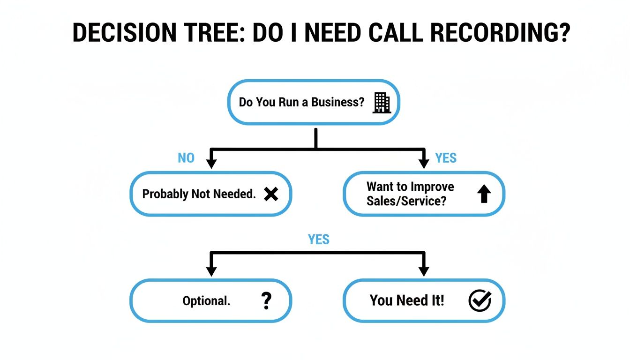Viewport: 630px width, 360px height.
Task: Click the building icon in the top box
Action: pyautogui.click(x=381, y=103)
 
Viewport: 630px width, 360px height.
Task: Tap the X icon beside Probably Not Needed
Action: pyautogui.click(x=271, y=194)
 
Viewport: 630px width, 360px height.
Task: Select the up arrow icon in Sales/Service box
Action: pyautogui.click(x=484, y=194)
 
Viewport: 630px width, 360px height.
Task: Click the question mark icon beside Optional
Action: pyautogui.click(x=266, y=300)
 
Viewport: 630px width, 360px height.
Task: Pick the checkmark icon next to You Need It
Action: pyautogui.click(x=480, y=300)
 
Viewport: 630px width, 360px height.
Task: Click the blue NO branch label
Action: pyautogui.click(x=186, y=158)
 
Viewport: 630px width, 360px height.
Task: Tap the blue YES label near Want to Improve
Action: pyautogui.click(x=445, y=158)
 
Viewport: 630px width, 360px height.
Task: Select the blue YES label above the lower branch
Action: pyautogui.click(x=319, y=240)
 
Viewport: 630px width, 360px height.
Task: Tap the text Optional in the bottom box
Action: pyautogui.click(x=206, y=301)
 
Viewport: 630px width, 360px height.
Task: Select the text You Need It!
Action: pyautogui.click(x=407, y=300)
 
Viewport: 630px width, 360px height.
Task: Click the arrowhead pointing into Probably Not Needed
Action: pyautogui.click(x=211, y=164)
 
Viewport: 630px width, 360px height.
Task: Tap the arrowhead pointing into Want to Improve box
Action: pyautogui.click(x=424, y=164)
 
